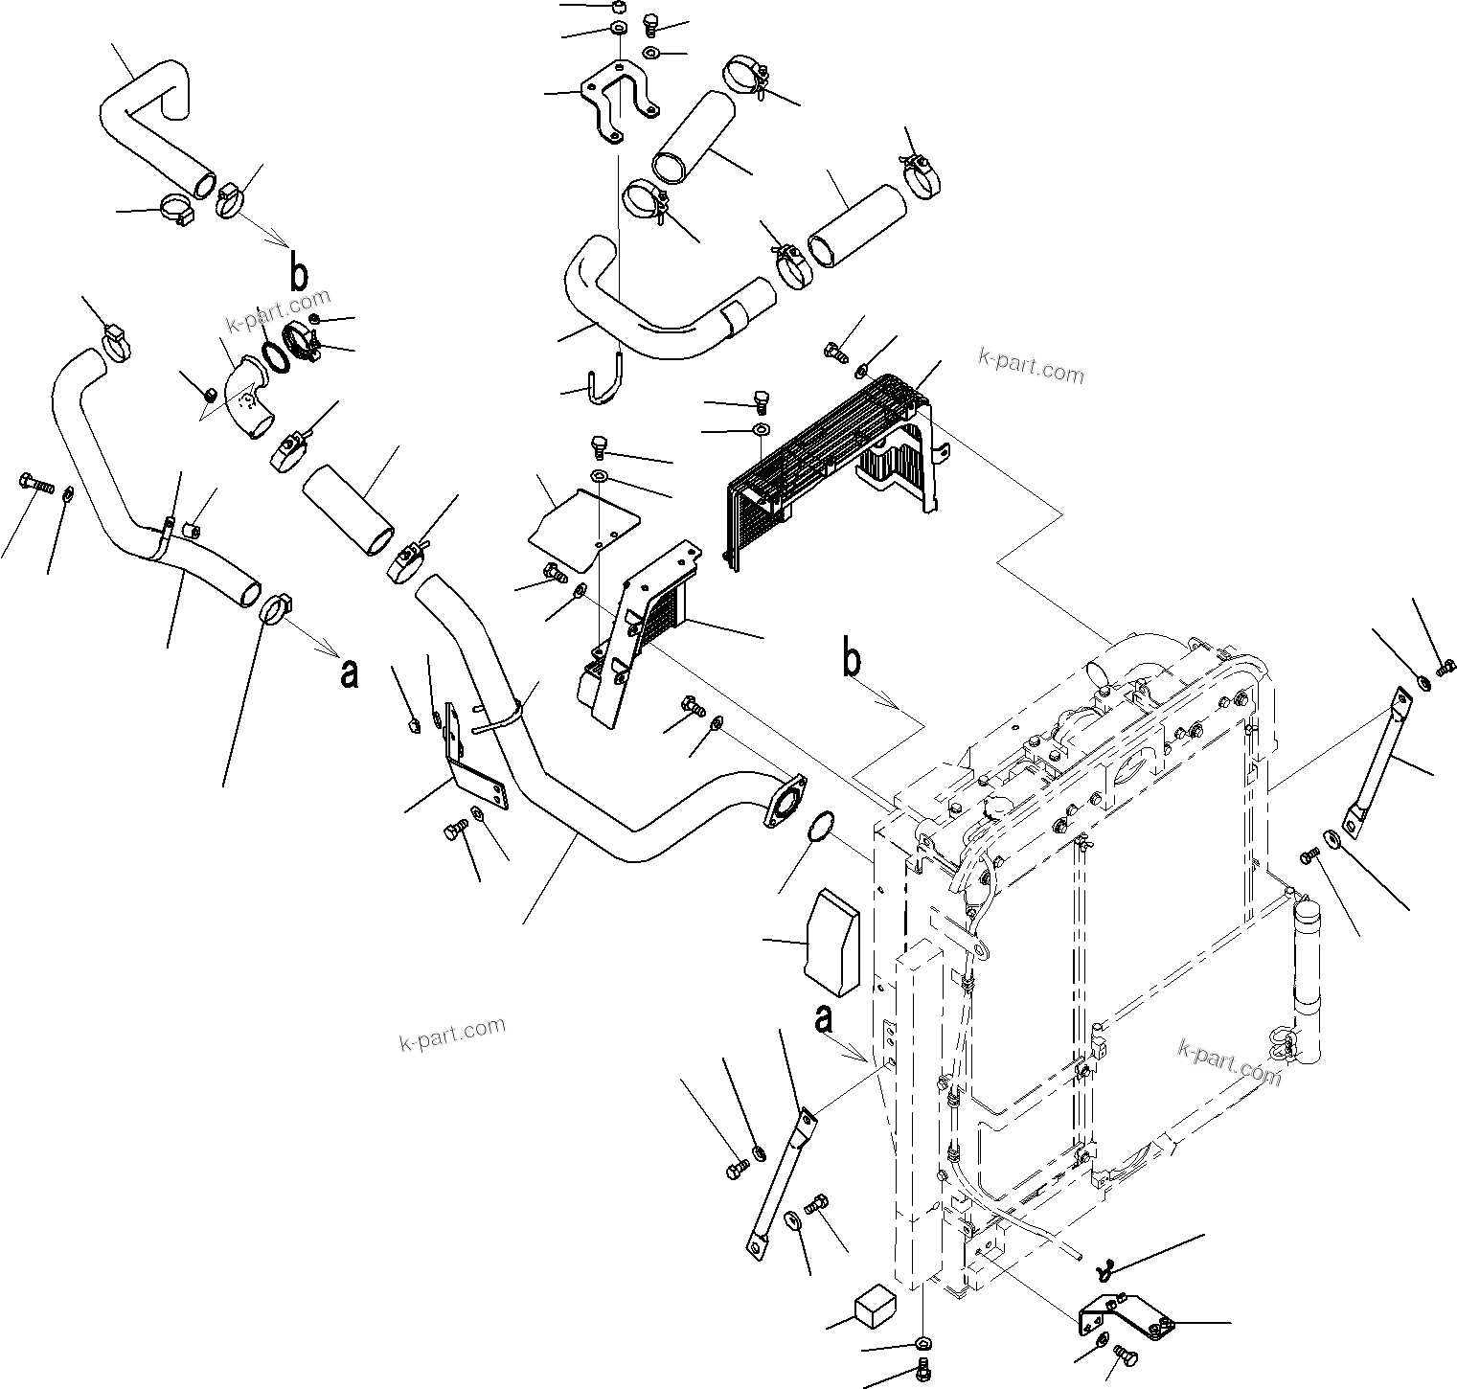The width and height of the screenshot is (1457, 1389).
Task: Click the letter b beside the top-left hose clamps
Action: pyautogui.click(x=300, y=274)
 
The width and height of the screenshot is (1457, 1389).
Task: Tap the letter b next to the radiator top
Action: pyautogui.click(x=851, y=661)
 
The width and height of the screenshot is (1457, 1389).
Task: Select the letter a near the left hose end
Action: pyautogui.click(x=350, y=672)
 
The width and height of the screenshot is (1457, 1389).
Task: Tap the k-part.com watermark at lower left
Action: pyautogui.click(x=451, y=1034)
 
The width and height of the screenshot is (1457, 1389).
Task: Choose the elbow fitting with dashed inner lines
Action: pyautogui.click(x=247, y=407)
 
